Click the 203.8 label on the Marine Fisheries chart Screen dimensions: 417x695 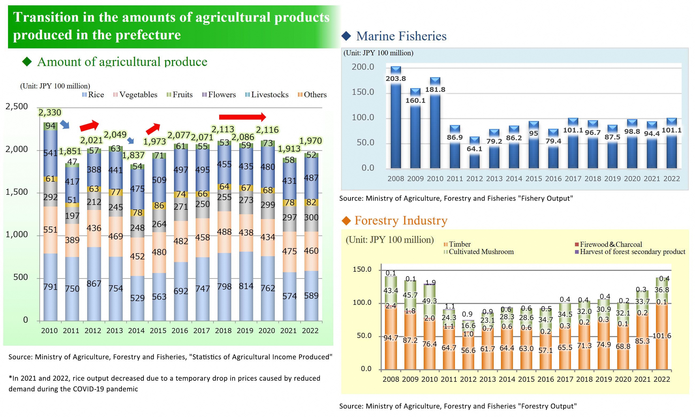(x=396, y=79)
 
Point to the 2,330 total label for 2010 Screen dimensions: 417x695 (x=50, y=112)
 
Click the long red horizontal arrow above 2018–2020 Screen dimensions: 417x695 (x=242, y=117)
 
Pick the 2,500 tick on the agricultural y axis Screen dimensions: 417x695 (x=17, y=107)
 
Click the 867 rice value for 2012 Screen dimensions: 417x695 (x=94, y=284)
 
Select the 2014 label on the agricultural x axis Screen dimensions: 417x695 (x=136, y=331)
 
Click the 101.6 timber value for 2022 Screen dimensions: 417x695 (x=662, y=336)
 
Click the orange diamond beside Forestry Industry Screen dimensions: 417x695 (x=346, y=221)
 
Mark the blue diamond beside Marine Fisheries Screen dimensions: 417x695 (x=346, y=36)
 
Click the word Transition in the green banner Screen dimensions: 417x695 (x=46, y=17)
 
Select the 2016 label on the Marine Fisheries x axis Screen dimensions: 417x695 (x=553, y=179)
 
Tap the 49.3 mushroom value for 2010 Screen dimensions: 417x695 (x=429, y=301)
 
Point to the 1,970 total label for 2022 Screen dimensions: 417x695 (x=310, y=141)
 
